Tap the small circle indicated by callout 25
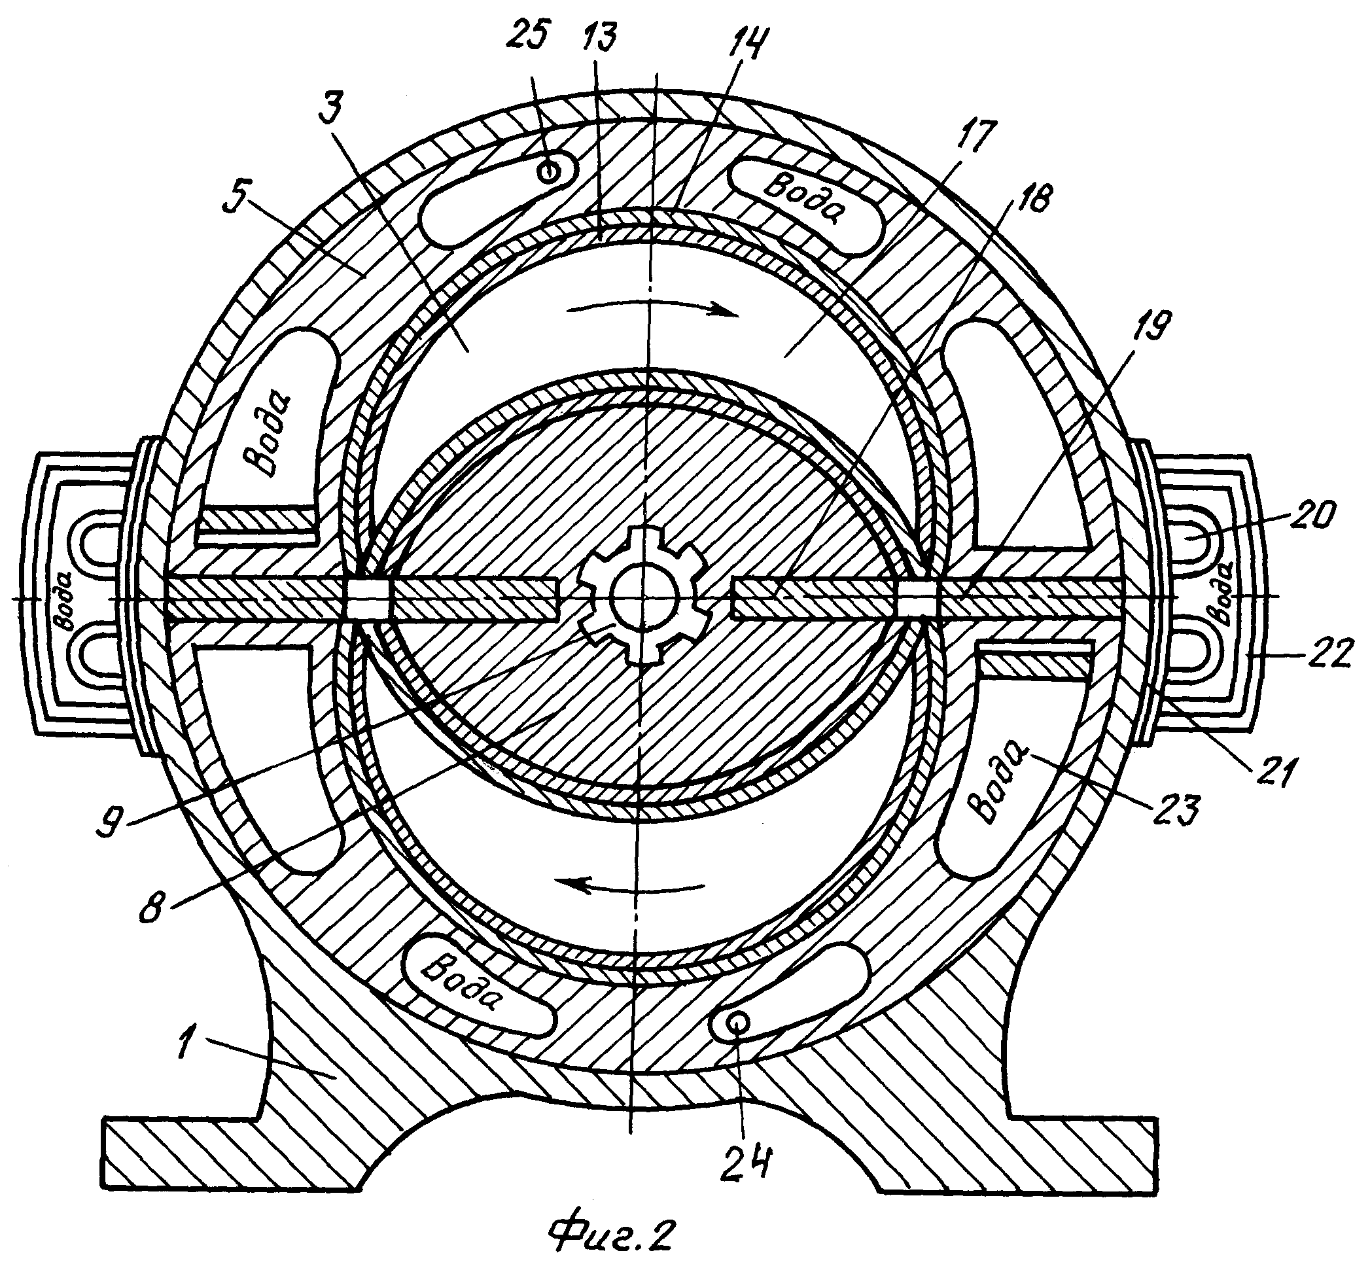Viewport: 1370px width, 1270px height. pos(548,172)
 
